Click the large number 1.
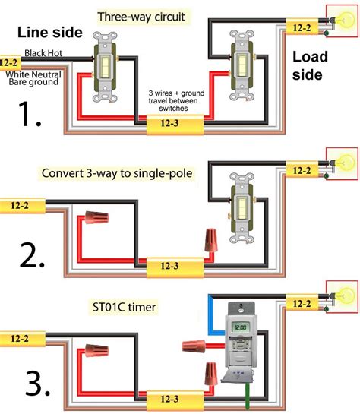(x=30, y=115)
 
